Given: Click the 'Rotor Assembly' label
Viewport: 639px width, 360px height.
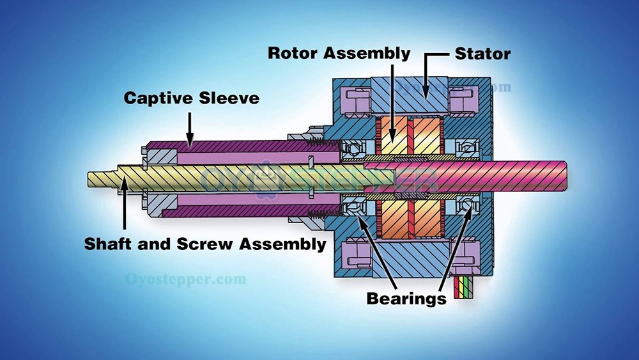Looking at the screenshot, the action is point(339,54).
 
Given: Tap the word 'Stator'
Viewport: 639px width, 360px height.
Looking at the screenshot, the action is point(482,54).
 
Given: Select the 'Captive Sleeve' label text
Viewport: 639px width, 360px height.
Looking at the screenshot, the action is point(191,98).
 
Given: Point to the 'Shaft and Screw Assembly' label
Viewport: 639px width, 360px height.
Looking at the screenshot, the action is point(205,244).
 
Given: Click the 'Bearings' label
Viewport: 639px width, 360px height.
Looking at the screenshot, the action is point(406,299).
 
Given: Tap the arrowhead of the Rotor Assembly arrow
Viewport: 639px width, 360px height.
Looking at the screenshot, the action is point(392,135).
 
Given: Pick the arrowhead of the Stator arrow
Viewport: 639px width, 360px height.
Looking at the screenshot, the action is point(426,91).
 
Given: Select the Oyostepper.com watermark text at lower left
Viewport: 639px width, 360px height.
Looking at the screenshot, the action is point(185,279).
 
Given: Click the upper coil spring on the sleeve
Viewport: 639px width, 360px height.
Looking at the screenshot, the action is point(323,143).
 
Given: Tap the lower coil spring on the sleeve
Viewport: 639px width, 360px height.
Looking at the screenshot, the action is point(323,213).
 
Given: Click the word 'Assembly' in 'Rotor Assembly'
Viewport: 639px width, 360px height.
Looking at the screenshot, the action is point(367,54).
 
